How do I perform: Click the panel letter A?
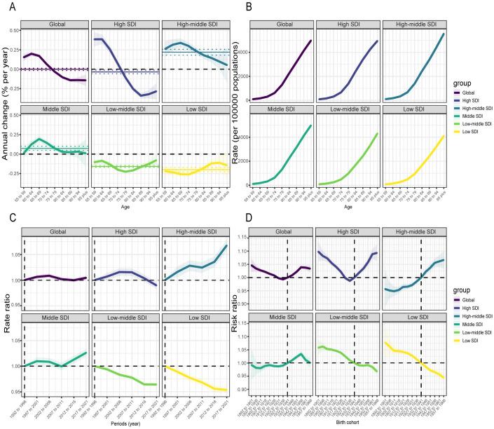point(5,7)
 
